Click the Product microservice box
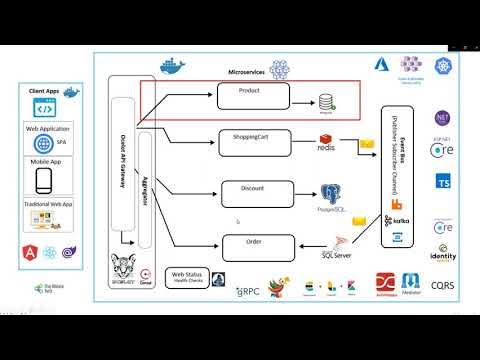coord(253,96)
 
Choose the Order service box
coord(253,242)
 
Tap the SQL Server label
coord(338,254)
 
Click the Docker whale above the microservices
coord(172,68)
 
